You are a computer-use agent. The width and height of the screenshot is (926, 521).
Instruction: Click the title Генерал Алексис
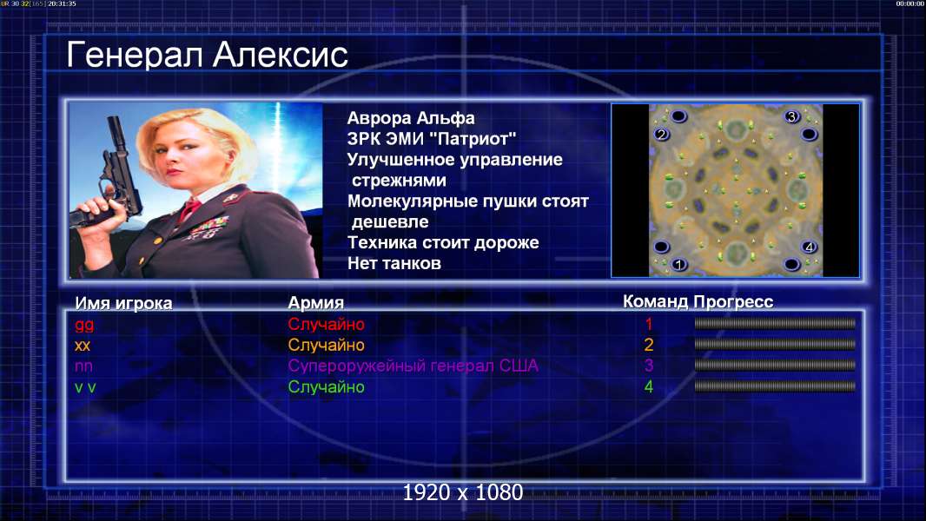[x=208, y=55]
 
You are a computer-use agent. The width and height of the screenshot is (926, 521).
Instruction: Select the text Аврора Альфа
[x=410, y=118]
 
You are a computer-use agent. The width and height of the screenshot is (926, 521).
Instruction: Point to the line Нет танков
[x=394, y=263]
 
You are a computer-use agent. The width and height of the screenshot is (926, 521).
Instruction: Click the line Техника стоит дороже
[x=443, y=242]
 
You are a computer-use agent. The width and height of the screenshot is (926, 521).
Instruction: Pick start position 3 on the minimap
[x=792, y=117]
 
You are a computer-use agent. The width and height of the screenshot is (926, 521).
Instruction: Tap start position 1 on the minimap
[x=678, y=264]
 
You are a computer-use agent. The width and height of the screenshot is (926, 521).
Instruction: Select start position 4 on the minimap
[x=809, y=247]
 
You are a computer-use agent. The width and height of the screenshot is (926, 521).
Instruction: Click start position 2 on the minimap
[x=661, y=135]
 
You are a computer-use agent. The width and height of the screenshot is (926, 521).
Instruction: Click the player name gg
[x=84, y=325]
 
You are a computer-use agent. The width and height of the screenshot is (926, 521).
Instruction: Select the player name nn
[x=83, y=366]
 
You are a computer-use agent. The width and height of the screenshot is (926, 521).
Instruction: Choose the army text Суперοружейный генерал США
[x=413, y=366]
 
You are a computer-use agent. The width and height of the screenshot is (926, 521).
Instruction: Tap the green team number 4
[x=648, y=387]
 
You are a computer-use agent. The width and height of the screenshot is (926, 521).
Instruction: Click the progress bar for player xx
[x=775, y=344]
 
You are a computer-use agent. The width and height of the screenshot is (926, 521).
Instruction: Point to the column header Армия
[x=315, y=303]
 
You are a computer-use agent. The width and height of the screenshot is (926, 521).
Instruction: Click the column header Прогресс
[x=733, y=302]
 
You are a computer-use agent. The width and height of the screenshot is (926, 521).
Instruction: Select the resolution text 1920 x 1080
[x=462, y=492]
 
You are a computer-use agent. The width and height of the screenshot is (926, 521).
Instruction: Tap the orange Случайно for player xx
[x=326, y=346]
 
